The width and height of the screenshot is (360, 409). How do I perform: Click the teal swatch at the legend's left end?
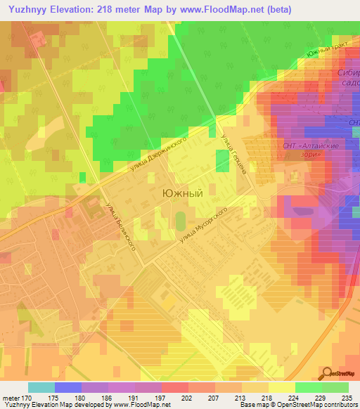click(x=41, y=387)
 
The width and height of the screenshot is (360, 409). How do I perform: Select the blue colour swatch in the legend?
click(x=67, y=387)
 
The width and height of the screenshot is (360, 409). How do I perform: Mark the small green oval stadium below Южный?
click(x=180, y=221)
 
